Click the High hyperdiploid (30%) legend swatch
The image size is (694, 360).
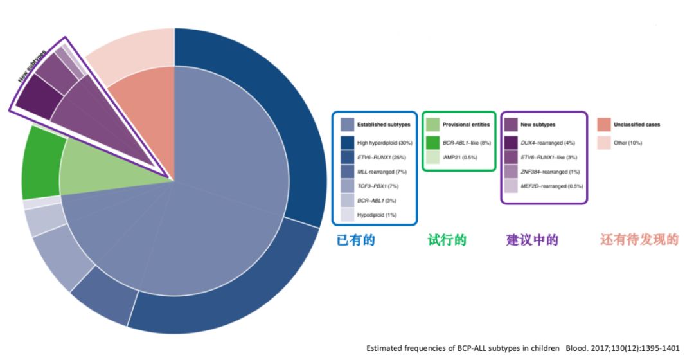(x=348, y=143)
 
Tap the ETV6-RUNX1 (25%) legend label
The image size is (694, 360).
(x=382, y=157)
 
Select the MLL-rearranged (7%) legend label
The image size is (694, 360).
(x=382, y=172)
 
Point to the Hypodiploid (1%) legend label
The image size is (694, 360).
(x=377, y=215)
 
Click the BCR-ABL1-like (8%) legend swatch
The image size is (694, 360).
(x=433, y=143)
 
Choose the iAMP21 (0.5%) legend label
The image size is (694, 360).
(x=460, y=157)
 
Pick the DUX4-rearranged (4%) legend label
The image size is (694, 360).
(x=548, y=143)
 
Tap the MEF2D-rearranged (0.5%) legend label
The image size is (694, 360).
(x=552, y=186)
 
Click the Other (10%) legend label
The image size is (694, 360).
(x=628, y=143)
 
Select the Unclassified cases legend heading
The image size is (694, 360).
(x=636, y=125)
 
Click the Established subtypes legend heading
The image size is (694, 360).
(x=384, y=125)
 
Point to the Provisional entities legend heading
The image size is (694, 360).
(x=466, y=125)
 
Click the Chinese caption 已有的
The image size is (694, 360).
(x=356, y=240)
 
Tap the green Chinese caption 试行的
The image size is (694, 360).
(x=447, y=240)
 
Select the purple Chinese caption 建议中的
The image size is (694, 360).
(x=533, y=240)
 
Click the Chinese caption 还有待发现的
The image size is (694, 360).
(x=639, y=240)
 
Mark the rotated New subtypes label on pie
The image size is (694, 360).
(x=32, y=67)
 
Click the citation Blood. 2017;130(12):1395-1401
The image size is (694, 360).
(x=622, y=348)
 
